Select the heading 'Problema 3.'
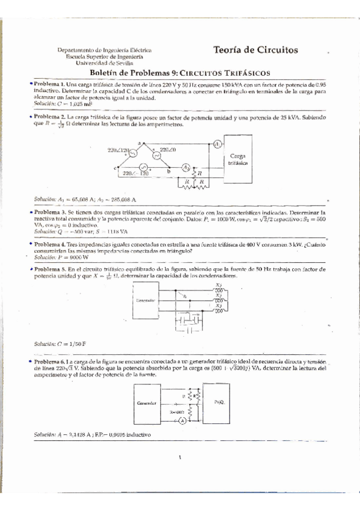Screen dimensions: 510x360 tap(49, 213)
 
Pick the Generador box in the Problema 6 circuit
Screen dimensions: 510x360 tap(147, 404)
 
